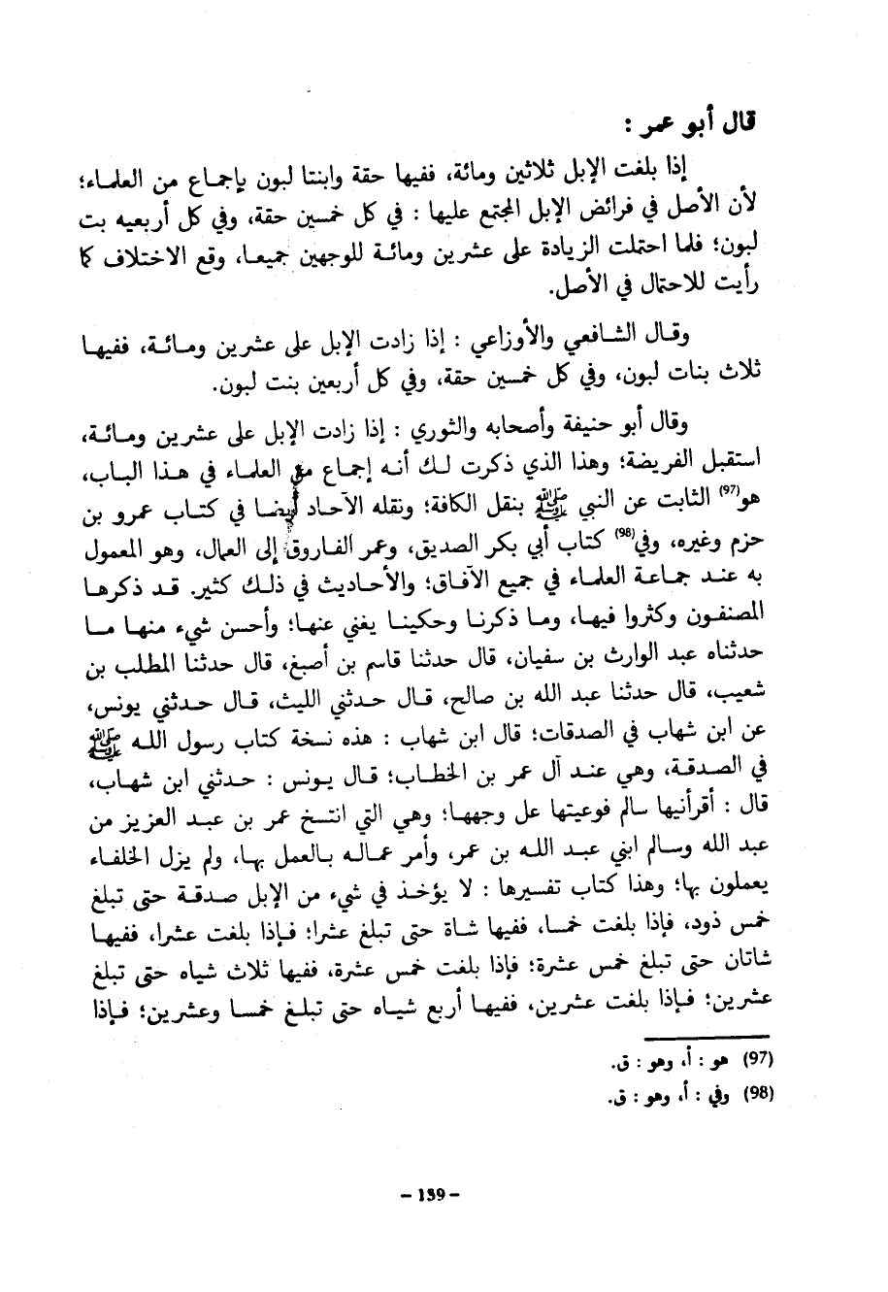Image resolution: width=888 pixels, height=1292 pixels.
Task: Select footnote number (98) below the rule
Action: coord(756,1094)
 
